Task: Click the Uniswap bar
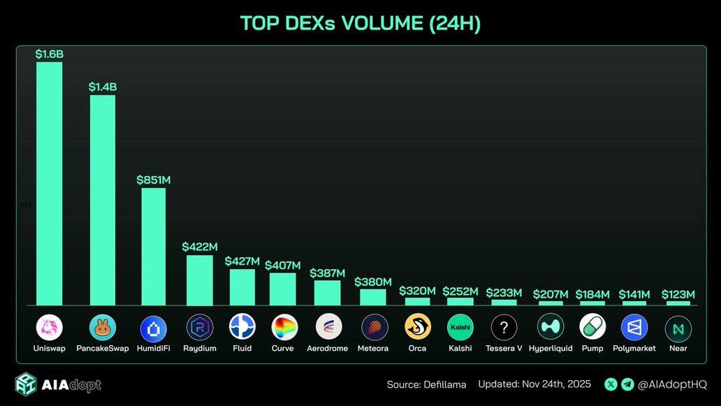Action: tap(50, 183)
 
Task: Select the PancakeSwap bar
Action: tap(103, 200)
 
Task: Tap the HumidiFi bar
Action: tap(154, 246)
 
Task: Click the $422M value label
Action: tap(200, 247)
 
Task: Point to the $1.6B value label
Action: tap(50, 54)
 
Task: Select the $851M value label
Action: tap(154, 180)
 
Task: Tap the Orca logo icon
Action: tap(417, 327)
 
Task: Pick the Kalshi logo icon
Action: tap(460, 327)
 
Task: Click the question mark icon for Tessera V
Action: tap(504, 327)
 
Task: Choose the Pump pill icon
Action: tap(592, 327)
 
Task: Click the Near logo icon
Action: tap(678, 327)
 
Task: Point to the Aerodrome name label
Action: tap(327, 348)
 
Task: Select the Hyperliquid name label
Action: tap(551, 348)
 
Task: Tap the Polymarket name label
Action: tap(634, 348)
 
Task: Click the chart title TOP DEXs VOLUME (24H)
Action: tap(360, 23)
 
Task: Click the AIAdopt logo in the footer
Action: tap(59, 385)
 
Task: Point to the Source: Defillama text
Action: tap(427, 384)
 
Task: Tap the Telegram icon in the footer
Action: tap(627, 384)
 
